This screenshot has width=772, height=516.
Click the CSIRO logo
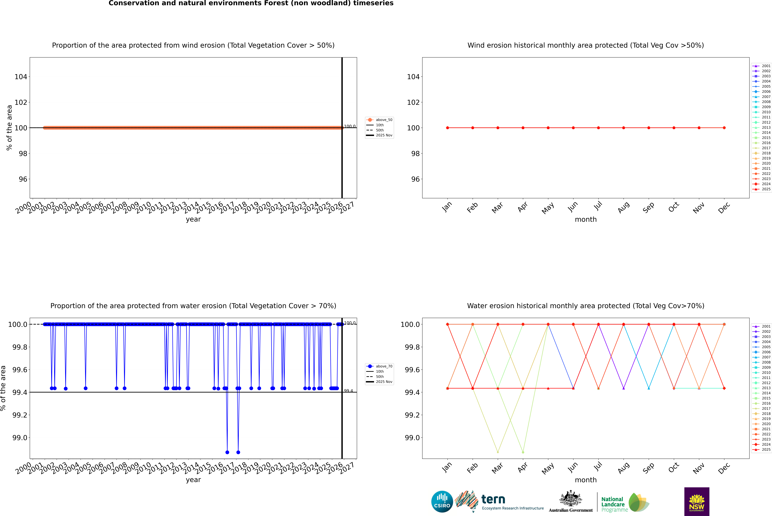pyautogui.click(x=442, y=502)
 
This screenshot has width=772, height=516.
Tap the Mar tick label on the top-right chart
pyautogui.click(x=497, y=207)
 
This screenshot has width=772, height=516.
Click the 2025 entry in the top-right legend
pyautogui.click(x=766, y=189)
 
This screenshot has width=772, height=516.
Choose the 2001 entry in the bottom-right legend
pyautogui.click(x=766, y=326)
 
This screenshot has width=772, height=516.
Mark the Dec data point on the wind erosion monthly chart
pyautogui.click(x=724, y=128)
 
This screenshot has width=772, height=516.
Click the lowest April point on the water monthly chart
pyautogui.click(x=523, y=452)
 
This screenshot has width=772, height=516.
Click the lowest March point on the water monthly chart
pyautogui.click(x=498, y=452)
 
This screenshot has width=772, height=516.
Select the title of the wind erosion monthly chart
pyautogui.click(x=585, y=45)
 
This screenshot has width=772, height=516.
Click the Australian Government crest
pyautogui.click(x=570, y=499)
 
